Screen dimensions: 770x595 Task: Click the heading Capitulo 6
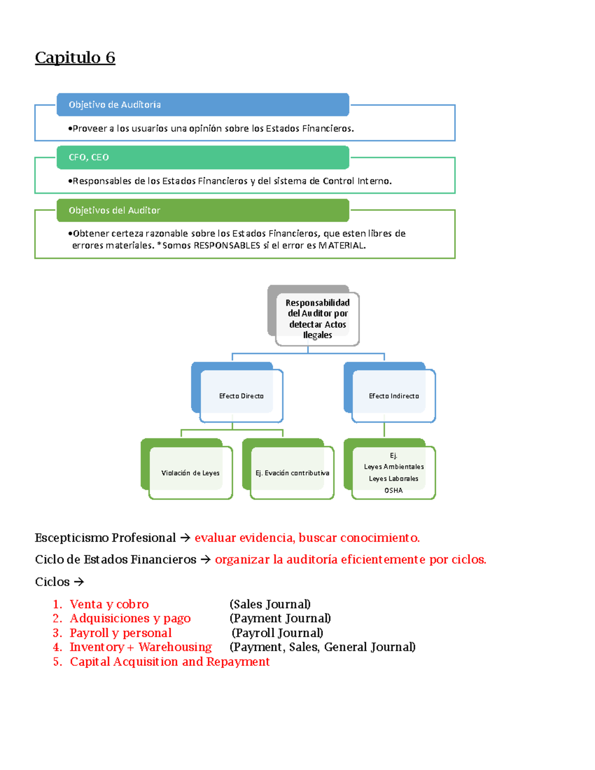75,58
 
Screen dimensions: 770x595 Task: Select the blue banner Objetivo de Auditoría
203,105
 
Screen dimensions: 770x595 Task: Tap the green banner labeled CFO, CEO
203,157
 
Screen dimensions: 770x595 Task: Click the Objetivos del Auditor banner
203,210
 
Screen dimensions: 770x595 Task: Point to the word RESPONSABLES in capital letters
227,245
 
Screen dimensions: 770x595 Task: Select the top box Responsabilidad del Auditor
317,319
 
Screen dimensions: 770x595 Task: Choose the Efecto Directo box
241,396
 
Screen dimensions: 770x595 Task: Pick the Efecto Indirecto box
393,396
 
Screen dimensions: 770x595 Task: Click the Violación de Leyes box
190,473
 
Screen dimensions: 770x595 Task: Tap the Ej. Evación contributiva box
292,473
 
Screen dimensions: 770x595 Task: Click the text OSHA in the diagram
393,490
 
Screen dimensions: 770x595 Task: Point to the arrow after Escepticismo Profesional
185,538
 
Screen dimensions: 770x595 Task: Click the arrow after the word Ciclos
78,582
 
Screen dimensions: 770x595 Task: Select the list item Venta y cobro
109,604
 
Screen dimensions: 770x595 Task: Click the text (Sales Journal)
270,604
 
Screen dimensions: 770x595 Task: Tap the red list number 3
57,633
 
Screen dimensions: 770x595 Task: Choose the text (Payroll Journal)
277,633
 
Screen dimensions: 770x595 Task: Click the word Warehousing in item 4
175,647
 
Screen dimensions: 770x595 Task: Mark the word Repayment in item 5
238,662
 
